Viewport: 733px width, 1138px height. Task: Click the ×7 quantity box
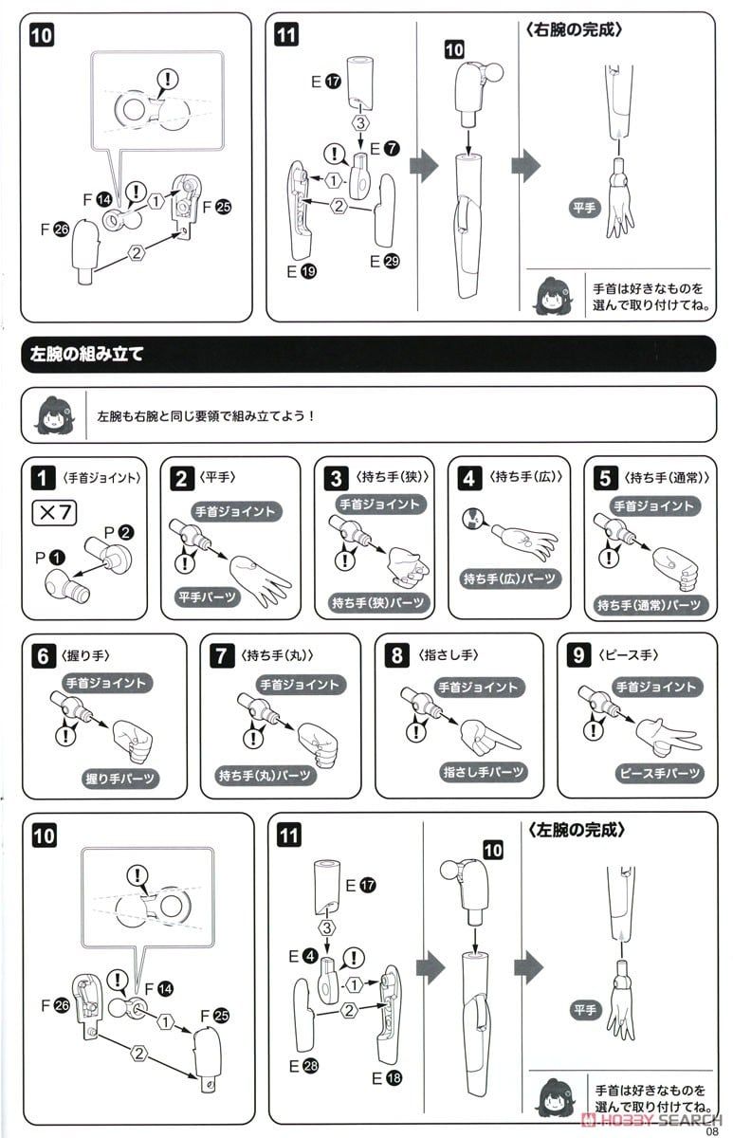pyautogui.click(x=54, y=513)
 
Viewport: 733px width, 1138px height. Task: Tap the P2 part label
pyautogui.click(x=119, y=533)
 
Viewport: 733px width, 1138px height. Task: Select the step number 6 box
pyautogui.click(x=44, y=656)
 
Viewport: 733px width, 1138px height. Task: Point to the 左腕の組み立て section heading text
pyautogui.click(x=87, y=354)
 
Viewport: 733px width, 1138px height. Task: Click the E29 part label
pyautogui.click(x=385, y=261)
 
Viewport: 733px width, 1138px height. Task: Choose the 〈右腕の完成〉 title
pyautogui.click(x=574, y=30)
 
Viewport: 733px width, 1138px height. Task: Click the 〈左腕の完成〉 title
pyautogui.click(x=576, y=830)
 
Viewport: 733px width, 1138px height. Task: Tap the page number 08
pyautogui.click(x=712, y=1129)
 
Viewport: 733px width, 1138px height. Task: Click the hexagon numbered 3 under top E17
pyautogui.click(x=360, y=123)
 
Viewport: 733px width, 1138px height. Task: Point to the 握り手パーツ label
pyautogui.click(x=119, y=779)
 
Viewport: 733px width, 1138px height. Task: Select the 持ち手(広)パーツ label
pyautogui.click(x=509, y=579)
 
